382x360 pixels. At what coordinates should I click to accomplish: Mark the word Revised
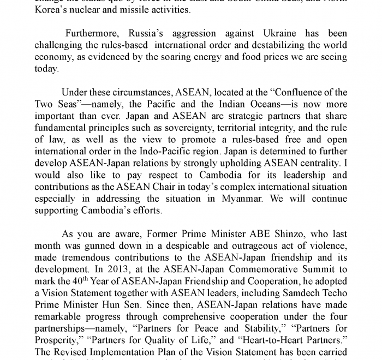click(x=73, y=352)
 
